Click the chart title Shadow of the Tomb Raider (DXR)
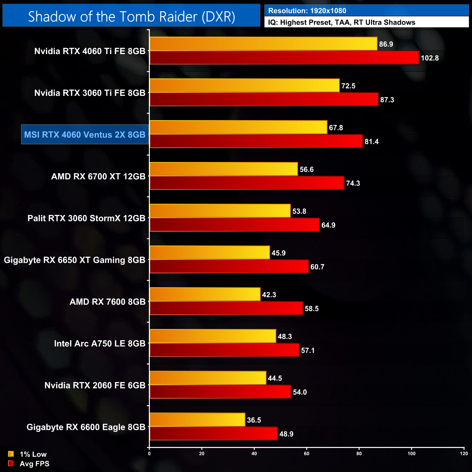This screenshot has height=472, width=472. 131,17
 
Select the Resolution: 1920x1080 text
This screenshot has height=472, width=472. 307,11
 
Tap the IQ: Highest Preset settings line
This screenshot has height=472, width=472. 341,23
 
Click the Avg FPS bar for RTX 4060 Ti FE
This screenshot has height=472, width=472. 284,58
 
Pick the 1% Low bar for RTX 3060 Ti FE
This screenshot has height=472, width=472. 244,86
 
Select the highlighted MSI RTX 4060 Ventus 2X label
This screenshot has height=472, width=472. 85,135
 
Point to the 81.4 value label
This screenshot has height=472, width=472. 371,142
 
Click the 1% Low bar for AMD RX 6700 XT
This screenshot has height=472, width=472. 224,169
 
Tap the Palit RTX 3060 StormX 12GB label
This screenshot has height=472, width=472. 86,218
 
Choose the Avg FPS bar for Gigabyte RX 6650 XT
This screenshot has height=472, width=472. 229,266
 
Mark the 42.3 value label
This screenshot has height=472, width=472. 269,295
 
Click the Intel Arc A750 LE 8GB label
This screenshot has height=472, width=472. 100,343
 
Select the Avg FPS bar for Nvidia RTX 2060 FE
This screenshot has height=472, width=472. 220,392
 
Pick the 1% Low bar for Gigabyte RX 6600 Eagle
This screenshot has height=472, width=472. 197,420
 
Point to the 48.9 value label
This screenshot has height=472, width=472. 286,434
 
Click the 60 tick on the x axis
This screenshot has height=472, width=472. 306,453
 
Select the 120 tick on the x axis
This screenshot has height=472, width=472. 464,453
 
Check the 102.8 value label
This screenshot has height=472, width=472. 430,58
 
